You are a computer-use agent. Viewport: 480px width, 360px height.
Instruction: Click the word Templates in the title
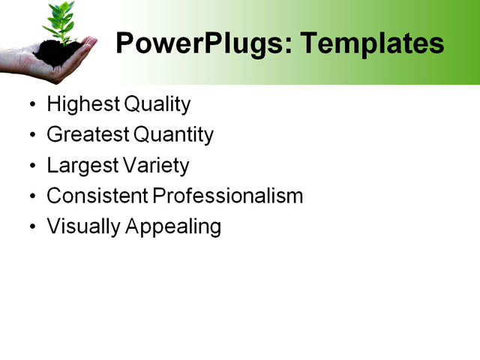tap(372, 44)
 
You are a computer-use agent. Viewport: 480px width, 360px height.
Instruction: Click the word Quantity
tap(173, 135)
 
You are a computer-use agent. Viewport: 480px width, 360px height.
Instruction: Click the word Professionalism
tap(228, 196)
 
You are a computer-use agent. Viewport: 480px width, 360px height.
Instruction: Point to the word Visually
tap(79, 227)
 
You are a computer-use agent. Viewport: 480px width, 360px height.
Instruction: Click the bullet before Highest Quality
tap(31, 105)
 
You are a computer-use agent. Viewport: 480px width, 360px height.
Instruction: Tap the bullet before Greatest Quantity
tap(31, 136)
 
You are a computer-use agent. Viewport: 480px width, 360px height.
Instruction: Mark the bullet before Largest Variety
tap(31, 166)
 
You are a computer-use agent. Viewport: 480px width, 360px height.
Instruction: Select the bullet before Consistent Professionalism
tap(31, 197)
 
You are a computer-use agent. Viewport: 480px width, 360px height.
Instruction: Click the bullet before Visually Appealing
tap(31, 228)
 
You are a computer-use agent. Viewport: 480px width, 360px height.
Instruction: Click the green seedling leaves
tap(61, 19)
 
